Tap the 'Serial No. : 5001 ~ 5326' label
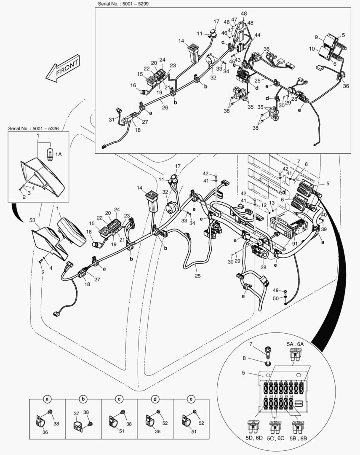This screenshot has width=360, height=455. point(36,128)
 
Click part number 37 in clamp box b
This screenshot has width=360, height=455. point(76,413)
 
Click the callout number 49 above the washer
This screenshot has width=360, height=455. point(276,290)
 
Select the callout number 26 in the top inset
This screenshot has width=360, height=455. point(164,107)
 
